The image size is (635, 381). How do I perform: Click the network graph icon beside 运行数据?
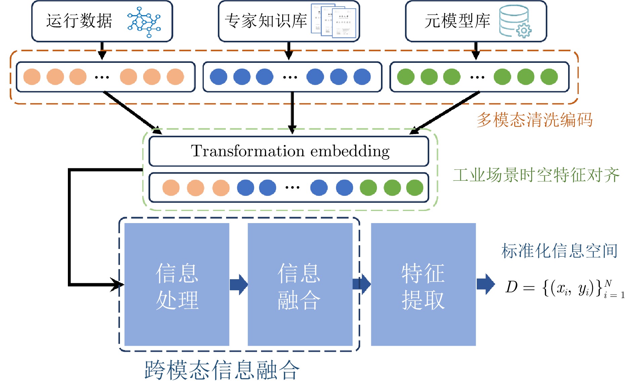pos(144,22)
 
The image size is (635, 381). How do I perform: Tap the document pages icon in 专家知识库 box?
pos(333,21)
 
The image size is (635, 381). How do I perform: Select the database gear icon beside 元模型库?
pos(515,21)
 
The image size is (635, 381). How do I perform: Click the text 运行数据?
pos(79,21)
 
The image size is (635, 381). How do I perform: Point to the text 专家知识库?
pos(266,21)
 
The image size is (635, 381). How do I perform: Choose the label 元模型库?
pos(457,21)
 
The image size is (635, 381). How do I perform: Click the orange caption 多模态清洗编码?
pos(534,120)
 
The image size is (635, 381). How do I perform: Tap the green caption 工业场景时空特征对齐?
pos(536,175)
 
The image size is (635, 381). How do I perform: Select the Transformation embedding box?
pos(289,151)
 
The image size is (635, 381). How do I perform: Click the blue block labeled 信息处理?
pos(177,285)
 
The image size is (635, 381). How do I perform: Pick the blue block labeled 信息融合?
pos(300,285)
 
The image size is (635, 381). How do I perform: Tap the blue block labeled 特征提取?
pos(423,285)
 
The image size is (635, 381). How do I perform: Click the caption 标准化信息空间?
pos(559,251)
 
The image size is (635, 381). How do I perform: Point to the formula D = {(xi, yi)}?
pos(564,288)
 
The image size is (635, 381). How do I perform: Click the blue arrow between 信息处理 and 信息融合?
pos(239,285)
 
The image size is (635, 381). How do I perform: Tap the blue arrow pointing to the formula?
pos(485,284)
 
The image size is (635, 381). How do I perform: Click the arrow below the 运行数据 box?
pos(102,50)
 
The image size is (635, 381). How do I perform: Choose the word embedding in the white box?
pos(350,151)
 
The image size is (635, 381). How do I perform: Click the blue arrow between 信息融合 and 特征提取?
pos(362,284)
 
